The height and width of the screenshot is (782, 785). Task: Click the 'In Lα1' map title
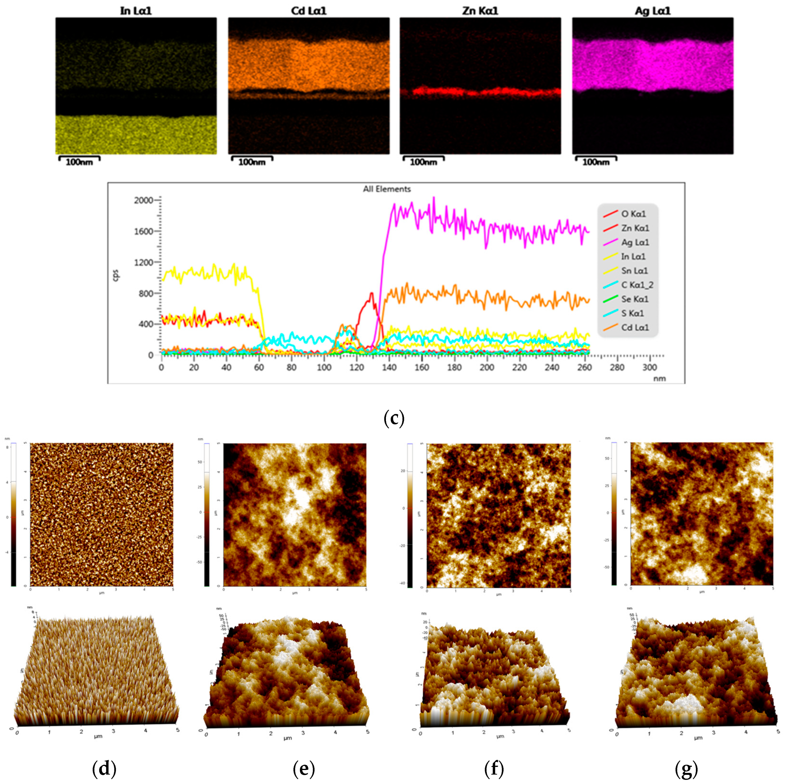pyautogui.click(x=136, y=11)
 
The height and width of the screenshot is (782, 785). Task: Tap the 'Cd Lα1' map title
pyautogui.click(x=309, y=11)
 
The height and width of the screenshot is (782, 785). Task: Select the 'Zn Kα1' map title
pyautogui.click(x=480, y=11)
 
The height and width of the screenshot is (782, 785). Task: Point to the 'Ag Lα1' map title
pyautogui.click(x=653, y=11)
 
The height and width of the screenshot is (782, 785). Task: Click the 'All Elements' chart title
pyautogui.click(x=387, y=189)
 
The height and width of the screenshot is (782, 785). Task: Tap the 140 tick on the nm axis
pyautogui.click(x=389, y=367)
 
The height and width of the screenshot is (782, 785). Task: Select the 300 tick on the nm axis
pyautogui.click(x=650, y=367)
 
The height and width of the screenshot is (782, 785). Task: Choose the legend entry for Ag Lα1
pyautogui.click(x=635, y=242)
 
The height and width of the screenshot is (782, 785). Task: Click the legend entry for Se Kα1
pyautogui.click(x=635, y=299)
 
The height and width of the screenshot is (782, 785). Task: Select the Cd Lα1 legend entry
pyautogui.click(x=635, y=327)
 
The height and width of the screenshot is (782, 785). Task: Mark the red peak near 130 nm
pyautogui.click(x=371, y=294)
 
